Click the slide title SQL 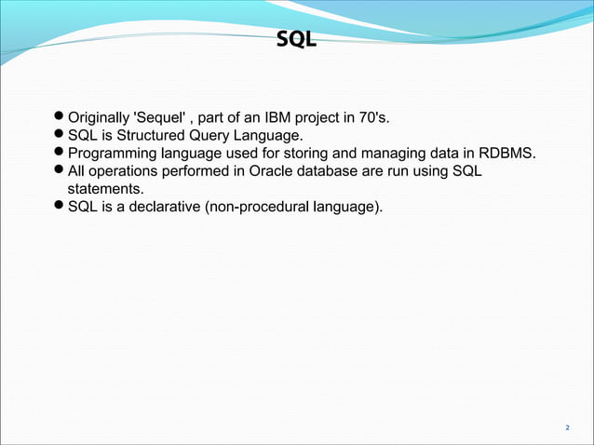click(x=297, y=40)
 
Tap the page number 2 click(x=567, y=427)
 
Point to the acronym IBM click(x=283, y=117)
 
